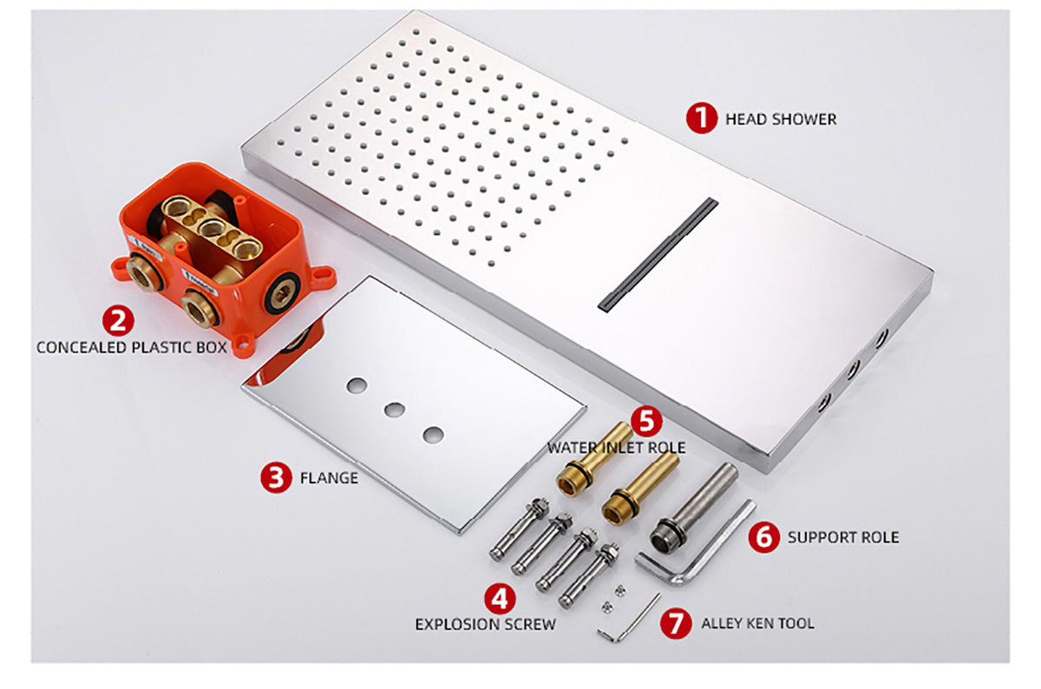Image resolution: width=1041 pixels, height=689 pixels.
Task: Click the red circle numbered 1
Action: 702,119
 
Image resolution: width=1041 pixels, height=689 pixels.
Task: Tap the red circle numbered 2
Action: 119,320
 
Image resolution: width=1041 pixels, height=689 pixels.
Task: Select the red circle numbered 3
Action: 276,477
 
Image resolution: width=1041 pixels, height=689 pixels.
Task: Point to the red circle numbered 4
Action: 498,598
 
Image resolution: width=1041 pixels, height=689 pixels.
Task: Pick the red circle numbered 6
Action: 763,537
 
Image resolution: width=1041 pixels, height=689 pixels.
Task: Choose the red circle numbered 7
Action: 677,623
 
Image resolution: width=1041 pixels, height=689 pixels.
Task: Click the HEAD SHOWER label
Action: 781,120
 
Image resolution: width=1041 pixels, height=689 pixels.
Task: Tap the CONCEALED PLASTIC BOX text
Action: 131,347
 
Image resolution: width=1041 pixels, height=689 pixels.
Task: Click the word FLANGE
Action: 329,477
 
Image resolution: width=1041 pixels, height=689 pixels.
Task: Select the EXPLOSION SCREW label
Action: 485,624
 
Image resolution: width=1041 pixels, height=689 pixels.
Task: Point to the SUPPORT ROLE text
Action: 842,537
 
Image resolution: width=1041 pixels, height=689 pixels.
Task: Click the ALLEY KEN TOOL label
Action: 757,623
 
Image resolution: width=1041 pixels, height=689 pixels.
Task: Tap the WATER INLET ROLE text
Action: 616,448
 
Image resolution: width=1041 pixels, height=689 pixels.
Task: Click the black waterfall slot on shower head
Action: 659,252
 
